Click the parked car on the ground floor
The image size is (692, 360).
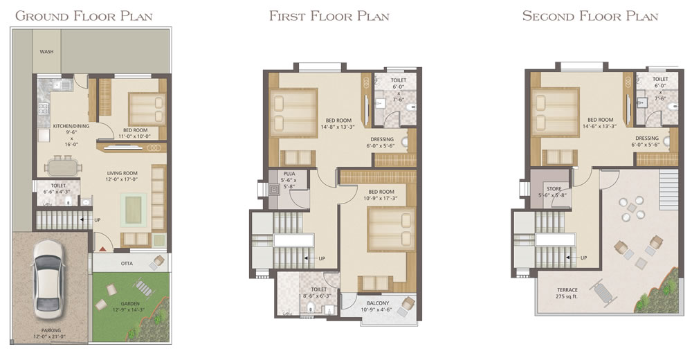coord(48,280)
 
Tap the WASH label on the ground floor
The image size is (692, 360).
coord(47,52)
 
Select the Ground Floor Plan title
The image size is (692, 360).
coord(84,17)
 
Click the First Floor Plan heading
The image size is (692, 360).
coord(329,17)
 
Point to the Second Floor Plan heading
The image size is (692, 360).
coord(590,17)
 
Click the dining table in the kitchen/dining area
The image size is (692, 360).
coord(64,168)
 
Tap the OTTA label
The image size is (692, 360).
coord(127,264)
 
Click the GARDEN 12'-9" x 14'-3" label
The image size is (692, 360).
coord(130,307)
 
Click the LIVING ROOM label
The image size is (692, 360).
coord(122,177)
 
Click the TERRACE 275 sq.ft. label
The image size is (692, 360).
coord(567,294)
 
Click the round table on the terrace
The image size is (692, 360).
coord(632,208)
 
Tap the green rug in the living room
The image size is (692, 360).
coord(133,210)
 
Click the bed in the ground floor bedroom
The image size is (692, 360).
coord(147,109)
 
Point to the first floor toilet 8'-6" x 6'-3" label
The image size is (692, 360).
coord(319,293)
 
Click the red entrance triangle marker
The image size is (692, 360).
coord(102,249)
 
